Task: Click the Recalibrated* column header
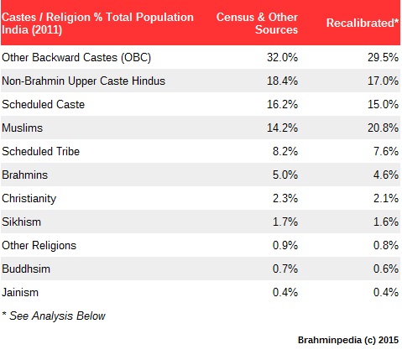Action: pos(363,23)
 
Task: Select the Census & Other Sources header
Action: pos(257,23)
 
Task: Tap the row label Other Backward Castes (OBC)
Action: pos(76,58)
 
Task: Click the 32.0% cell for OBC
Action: pos(282,57)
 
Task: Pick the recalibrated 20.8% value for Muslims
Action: pos(383,128)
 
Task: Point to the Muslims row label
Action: pos(23,128)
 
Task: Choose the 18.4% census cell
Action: pos(282,81)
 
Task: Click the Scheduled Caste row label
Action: pos(44,104)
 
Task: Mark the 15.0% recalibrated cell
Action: pos(383,104)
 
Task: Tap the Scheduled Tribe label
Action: pos(41,151)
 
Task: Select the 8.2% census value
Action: pos(285,151)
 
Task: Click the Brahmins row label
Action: pos(25,175)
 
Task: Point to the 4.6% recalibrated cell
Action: pos(386,175)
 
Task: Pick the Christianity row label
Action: pos(29,199)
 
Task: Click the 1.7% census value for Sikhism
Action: pos(285,222)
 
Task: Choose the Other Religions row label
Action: pos(39,246)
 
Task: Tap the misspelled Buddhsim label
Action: pos(26,269)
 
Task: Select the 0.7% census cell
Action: pos(285,269)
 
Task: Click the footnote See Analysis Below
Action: pos(57,316)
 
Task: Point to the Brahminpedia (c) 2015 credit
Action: pos(348,340)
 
